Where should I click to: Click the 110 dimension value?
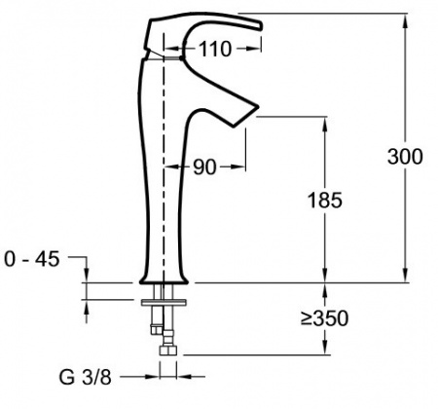pyautogui.click(x=215, y=49)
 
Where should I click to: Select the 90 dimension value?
pyautogui.click(x=204, y=167)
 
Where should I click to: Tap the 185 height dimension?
pyautogui.click(x=324, y=200)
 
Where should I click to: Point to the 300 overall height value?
pyautogui.click(x=405, y=157)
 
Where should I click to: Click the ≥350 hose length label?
pyautogui.click(x=324, y=318)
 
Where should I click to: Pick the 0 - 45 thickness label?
pyautogui.click(x=32, y=259)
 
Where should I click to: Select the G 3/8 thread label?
pyautogui.click(x=86, y=377)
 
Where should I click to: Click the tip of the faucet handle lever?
pyautogui.click(x=261, y=26)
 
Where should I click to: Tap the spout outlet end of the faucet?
pyautogui.click(x=246, y=116)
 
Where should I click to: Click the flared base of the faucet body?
pyautogui.click(x=164, y=279)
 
